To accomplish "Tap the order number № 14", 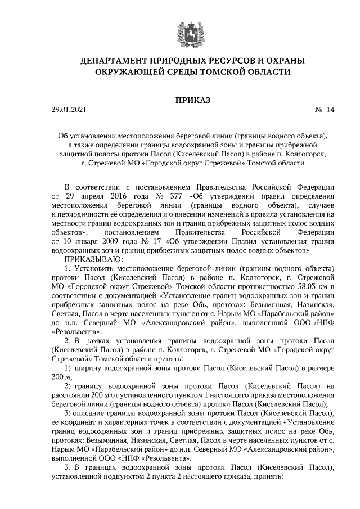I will (x=325, y=111).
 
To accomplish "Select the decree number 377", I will (x=169, y=196).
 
